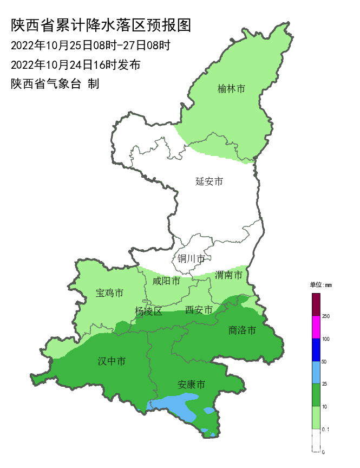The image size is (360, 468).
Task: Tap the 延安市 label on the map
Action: tap(209, 181)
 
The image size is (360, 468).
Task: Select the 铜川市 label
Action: tap(191, 259)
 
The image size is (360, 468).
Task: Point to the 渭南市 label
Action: tap(228, 275)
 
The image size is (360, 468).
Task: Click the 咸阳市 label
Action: tap(166, 281)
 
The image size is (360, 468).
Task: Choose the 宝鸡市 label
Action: tap(109, 293)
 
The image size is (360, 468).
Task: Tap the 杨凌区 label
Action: tap(148, 311)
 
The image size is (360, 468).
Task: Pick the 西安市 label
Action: tap(199, 310)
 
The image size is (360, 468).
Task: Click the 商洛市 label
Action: tap(242, 330)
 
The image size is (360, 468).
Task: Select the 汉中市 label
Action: tap(112, 361)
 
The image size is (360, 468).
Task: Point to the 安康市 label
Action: tap(192, 385)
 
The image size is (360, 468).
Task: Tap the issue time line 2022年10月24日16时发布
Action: tap(76, 65)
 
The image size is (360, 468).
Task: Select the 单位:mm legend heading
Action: tap(320, 285)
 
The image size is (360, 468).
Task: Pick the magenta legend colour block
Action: tap(316, 327)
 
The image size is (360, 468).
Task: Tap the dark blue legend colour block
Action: tap(316, 350)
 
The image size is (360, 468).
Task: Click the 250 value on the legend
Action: tap(326, 316)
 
